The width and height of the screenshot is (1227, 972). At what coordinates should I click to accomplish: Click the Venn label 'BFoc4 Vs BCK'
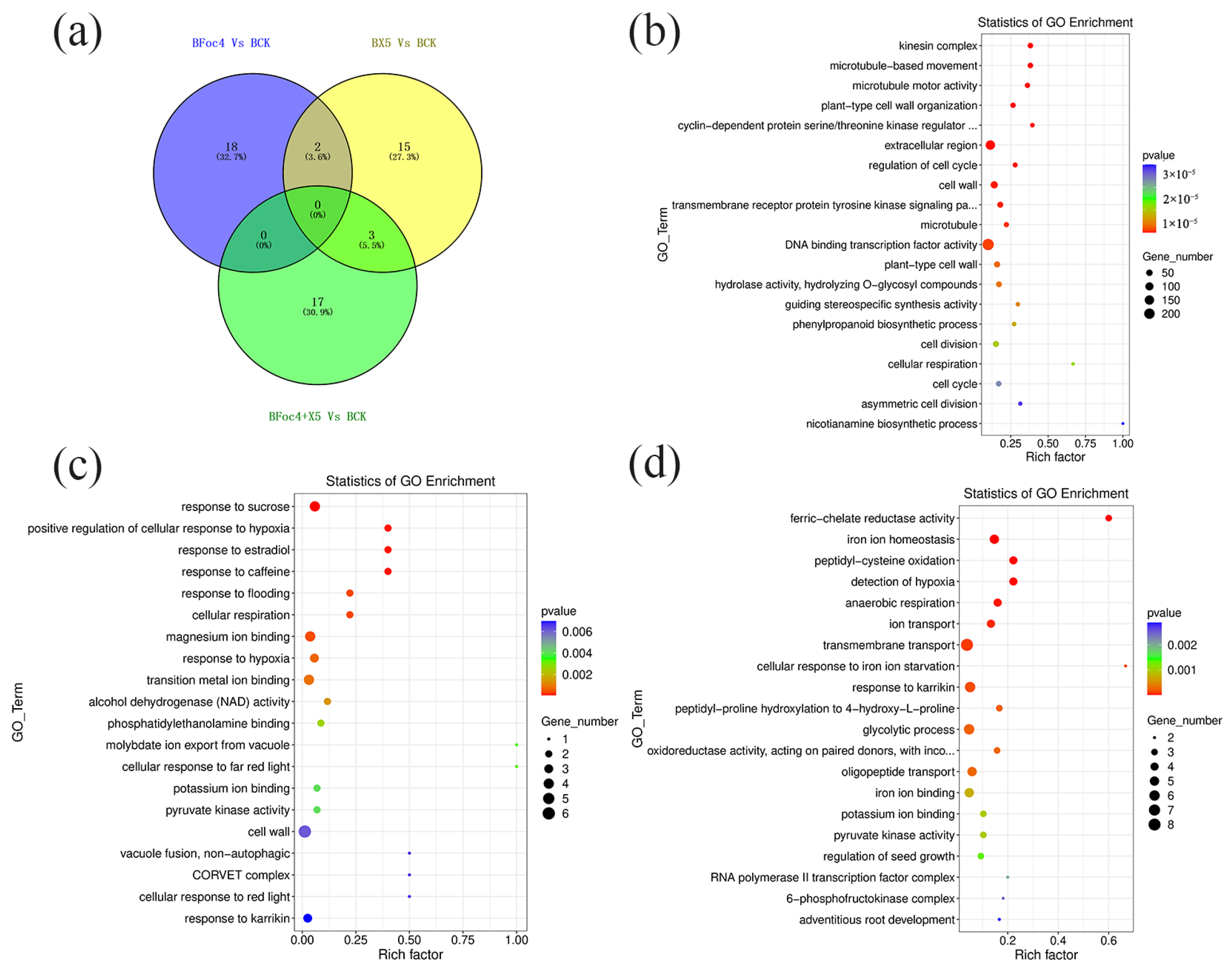(231, 43)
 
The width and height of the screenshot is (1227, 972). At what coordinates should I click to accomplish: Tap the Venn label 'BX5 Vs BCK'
(403, 43)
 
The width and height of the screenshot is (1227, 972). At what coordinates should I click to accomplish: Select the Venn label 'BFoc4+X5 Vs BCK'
(317, 417)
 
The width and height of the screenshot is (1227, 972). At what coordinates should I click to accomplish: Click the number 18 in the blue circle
(231, 147)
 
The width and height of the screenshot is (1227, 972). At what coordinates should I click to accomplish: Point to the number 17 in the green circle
(317, 302)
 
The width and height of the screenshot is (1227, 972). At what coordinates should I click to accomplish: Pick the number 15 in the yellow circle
(404, 147)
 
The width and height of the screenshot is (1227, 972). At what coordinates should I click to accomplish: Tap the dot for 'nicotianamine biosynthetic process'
(1122, 423)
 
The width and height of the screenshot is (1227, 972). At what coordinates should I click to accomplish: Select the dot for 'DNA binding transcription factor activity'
(988, 245)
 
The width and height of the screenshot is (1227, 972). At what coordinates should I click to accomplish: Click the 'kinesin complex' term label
(937, 45)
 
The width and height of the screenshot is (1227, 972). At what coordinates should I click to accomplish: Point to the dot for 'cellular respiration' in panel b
(1073, 364)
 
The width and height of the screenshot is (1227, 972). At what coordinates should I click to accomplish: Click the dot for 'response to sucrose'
(315, 506)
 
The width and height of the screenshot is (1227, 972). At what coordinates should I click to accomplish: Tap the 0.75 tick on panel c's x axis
(462, 940)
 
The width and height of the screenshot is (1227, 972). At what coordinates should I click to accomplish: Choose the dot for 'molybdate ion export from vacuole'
(516, 745)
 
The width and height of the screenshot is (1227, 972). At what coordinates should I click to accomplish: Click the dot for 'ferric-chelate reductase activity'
(1108, 518)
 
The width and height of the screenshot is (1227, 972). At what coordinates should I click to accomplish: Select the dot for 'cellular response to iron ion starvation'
(1125, 666)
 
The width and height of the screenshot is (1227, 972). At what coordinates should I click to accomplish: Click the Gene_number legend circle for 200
(1149, 314)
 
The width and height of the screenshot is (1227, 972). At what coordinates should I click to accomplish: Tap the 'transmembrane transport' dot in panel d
(966, 645)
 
